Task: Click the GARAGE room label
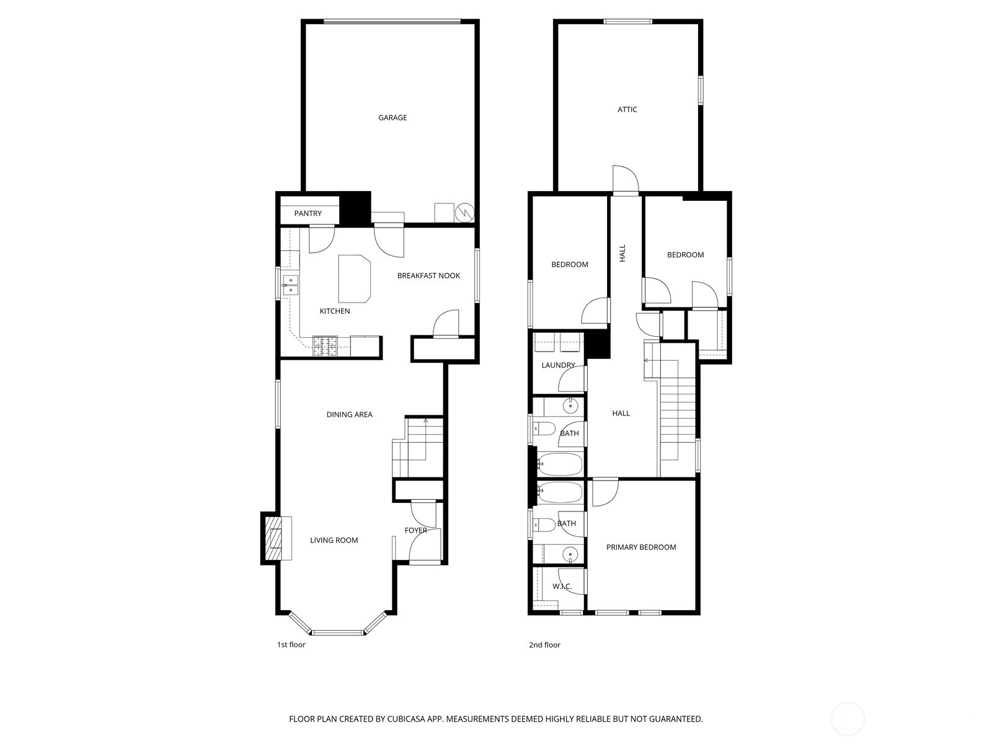coord(392,118)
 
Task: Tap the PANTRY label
coord(308,214)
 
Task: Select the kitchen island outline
coord(353,278)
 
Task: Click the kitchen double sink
coord(290,285)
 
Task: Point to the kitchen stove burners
coord(325,346)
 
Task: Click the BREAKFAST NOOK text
coord(428,276)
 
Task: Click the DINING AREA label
coord(349,415)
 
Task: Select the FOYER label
coord(416,531)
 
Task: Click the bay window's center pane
coord(338,633)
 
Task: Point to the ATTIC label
coord(627,110)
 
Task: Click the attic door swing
coord(625,180)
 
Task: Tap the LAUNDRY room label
coord(558,366)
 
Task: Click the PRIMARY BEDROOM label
coord(641,547)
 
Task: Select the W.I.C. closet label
coord(562,587)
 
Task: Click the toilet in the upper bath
coord(545,428)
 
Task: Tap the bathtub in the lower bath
coord(560,492)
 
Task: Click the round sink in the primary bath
coord(570,553)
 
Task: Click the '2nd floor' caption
coord(544,645)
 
